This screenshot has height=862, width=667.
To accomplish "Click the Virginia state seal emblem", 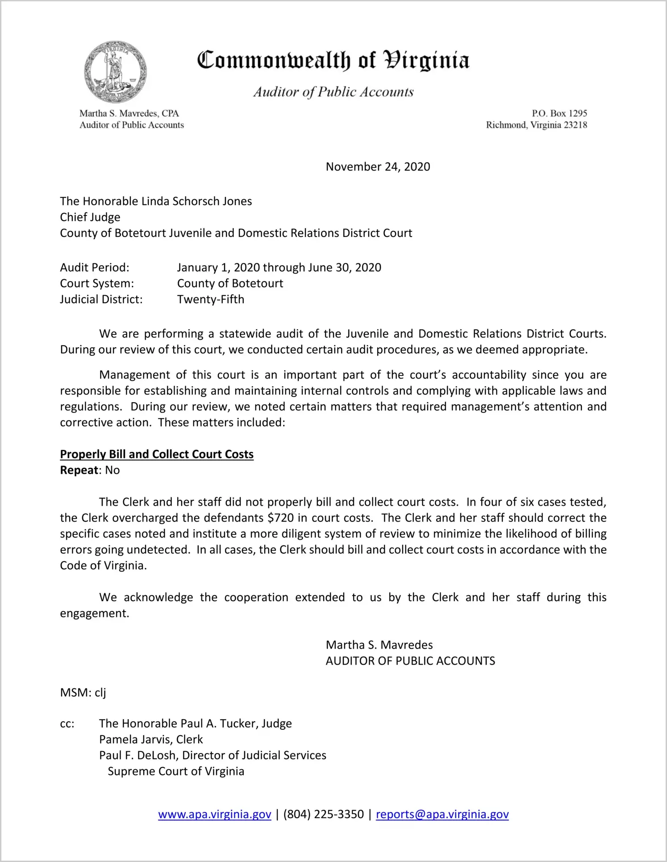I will tap(115, 71).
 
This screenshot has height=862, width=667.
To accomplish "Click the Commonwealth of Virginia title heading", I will tap(333, 60).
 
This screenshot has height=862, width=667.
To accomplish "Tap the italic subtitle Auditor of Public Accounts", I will tap(333, 92).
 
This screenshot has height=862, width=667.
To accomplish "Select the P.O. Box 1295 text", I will tap(559, 113).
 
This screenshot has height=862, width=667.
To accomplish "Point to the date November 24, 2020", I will tap(378, 167).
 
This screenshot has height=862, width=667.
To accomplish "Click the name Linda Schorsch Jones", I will tap(196, 201).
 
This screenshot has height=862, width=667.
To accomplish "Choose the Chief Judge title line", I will tap(90, 217).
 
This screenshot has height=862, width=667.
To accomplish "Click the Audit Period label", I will tap(95, 267).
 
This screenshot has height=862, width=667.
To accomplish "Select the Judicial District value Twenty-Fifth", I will tap(211, 300).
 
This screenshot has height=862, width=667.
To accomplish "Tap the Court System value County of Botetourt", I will tap(230, 283).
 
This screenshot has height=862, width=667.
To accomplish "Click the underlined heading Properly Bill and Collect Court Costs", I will tap(157, 454).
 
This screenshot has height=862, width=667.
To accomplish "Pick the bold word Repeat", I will tap(79, 471).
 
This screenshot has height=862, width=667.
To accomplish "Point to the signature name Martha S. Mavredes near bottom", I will tap(379, 645).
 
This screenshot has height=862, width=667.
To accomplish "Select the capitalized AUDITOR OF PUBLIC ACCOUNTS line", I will tap(410, 661).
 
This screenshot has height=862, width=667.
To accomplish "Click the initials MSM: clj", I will tap(83, 693).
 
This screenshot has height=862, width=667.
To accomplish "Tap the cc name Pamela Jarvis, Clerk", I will tap(151, 740).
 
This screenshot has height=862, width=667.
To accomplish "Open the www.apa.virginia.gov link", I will tap(215, 815).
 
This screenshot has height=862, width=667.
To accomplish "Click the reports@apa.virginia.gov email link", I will tap(442, 815).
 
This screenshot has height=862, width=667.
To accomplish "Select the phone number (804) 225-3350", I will tap(323, 815).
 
